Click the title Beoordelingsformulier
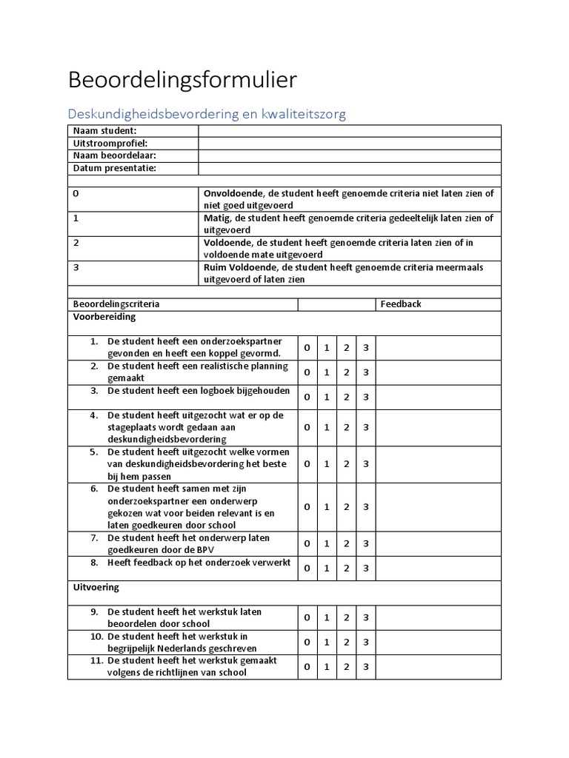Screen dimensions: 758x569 [x=182, y=79]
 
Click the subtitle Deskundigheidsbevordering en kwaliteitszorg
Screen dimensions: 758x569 [x=207, y=114]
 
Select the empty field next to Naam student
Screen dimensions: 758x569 [x=349, y=131]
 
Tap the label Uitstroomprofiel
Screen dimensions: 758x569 [x=110, y=143]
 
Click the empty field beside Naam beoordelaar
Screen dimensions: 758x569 [x=349, y=155]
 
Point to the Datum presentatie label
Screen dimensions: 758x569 [x=114, y=168]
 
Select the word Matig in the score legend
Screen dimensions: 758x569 [x=217, y=218]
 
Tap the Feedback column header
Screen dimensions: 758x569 [x=400, y=303]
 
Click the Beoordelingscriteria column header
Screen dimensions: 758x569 [x=116, y=303]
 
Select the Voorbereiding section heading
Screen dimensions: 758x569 [x=104, y=316]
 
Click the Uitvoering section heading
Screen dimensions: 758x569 [x=96, y=587]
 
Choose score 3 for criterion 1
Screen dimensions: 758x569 [x=365, y=347]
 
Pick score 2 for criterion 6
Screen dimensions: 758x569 [x=346, y=507]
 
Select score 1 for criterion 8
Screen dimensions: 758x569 [x=327, y=568]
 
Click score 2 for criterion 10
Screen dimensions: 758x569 [x=346, y=642]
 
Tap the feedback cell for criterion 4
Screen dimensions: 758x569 [x=438, y=427]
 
